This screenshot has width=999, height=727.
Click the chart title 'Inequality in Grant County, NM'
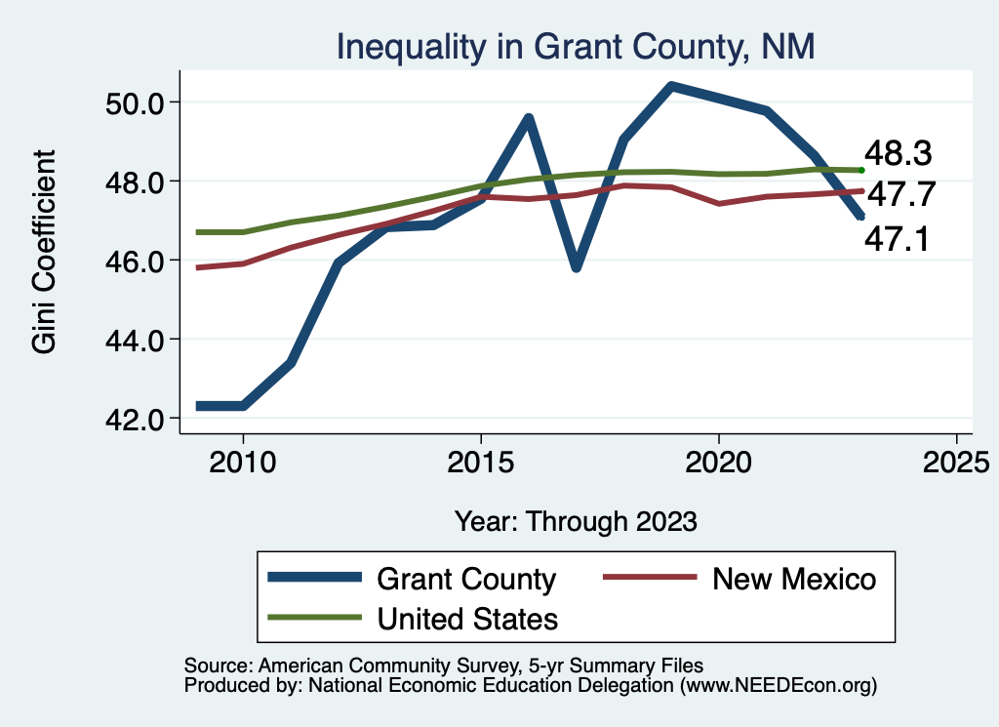[x=576, y=47]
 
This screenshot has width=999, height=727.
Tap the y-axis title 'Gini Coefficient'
[x=45, y=251]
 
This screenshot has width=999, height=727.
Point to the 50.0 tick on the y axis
[x=136, y=102]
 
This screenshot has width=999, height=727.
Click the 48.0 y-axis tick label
[x=136, y=182]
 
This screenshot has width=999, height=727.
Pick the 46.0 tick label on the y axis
[x=136, y=261]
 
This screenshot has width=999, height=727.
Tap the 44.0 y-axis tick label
[x=136, y=340]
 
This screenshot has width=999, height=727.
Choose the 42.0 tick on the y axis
[x=136, y=419]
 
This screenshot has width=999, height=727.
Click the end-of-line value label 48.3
[x=899, y=153]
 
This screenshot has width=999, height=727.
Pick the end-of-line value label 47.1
[x=899, y=237]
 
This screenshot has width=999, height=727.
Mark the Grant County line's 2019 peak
[x=671, y=87]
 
